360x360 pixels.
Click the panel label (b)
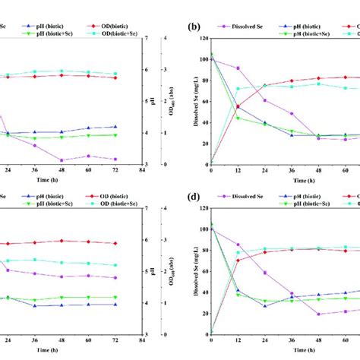pos(194,26)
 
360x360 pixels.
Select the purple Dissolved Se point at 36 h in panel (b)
pos(291,114)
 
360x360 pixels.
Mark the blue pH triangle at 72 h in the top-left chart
pos(115,127)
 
